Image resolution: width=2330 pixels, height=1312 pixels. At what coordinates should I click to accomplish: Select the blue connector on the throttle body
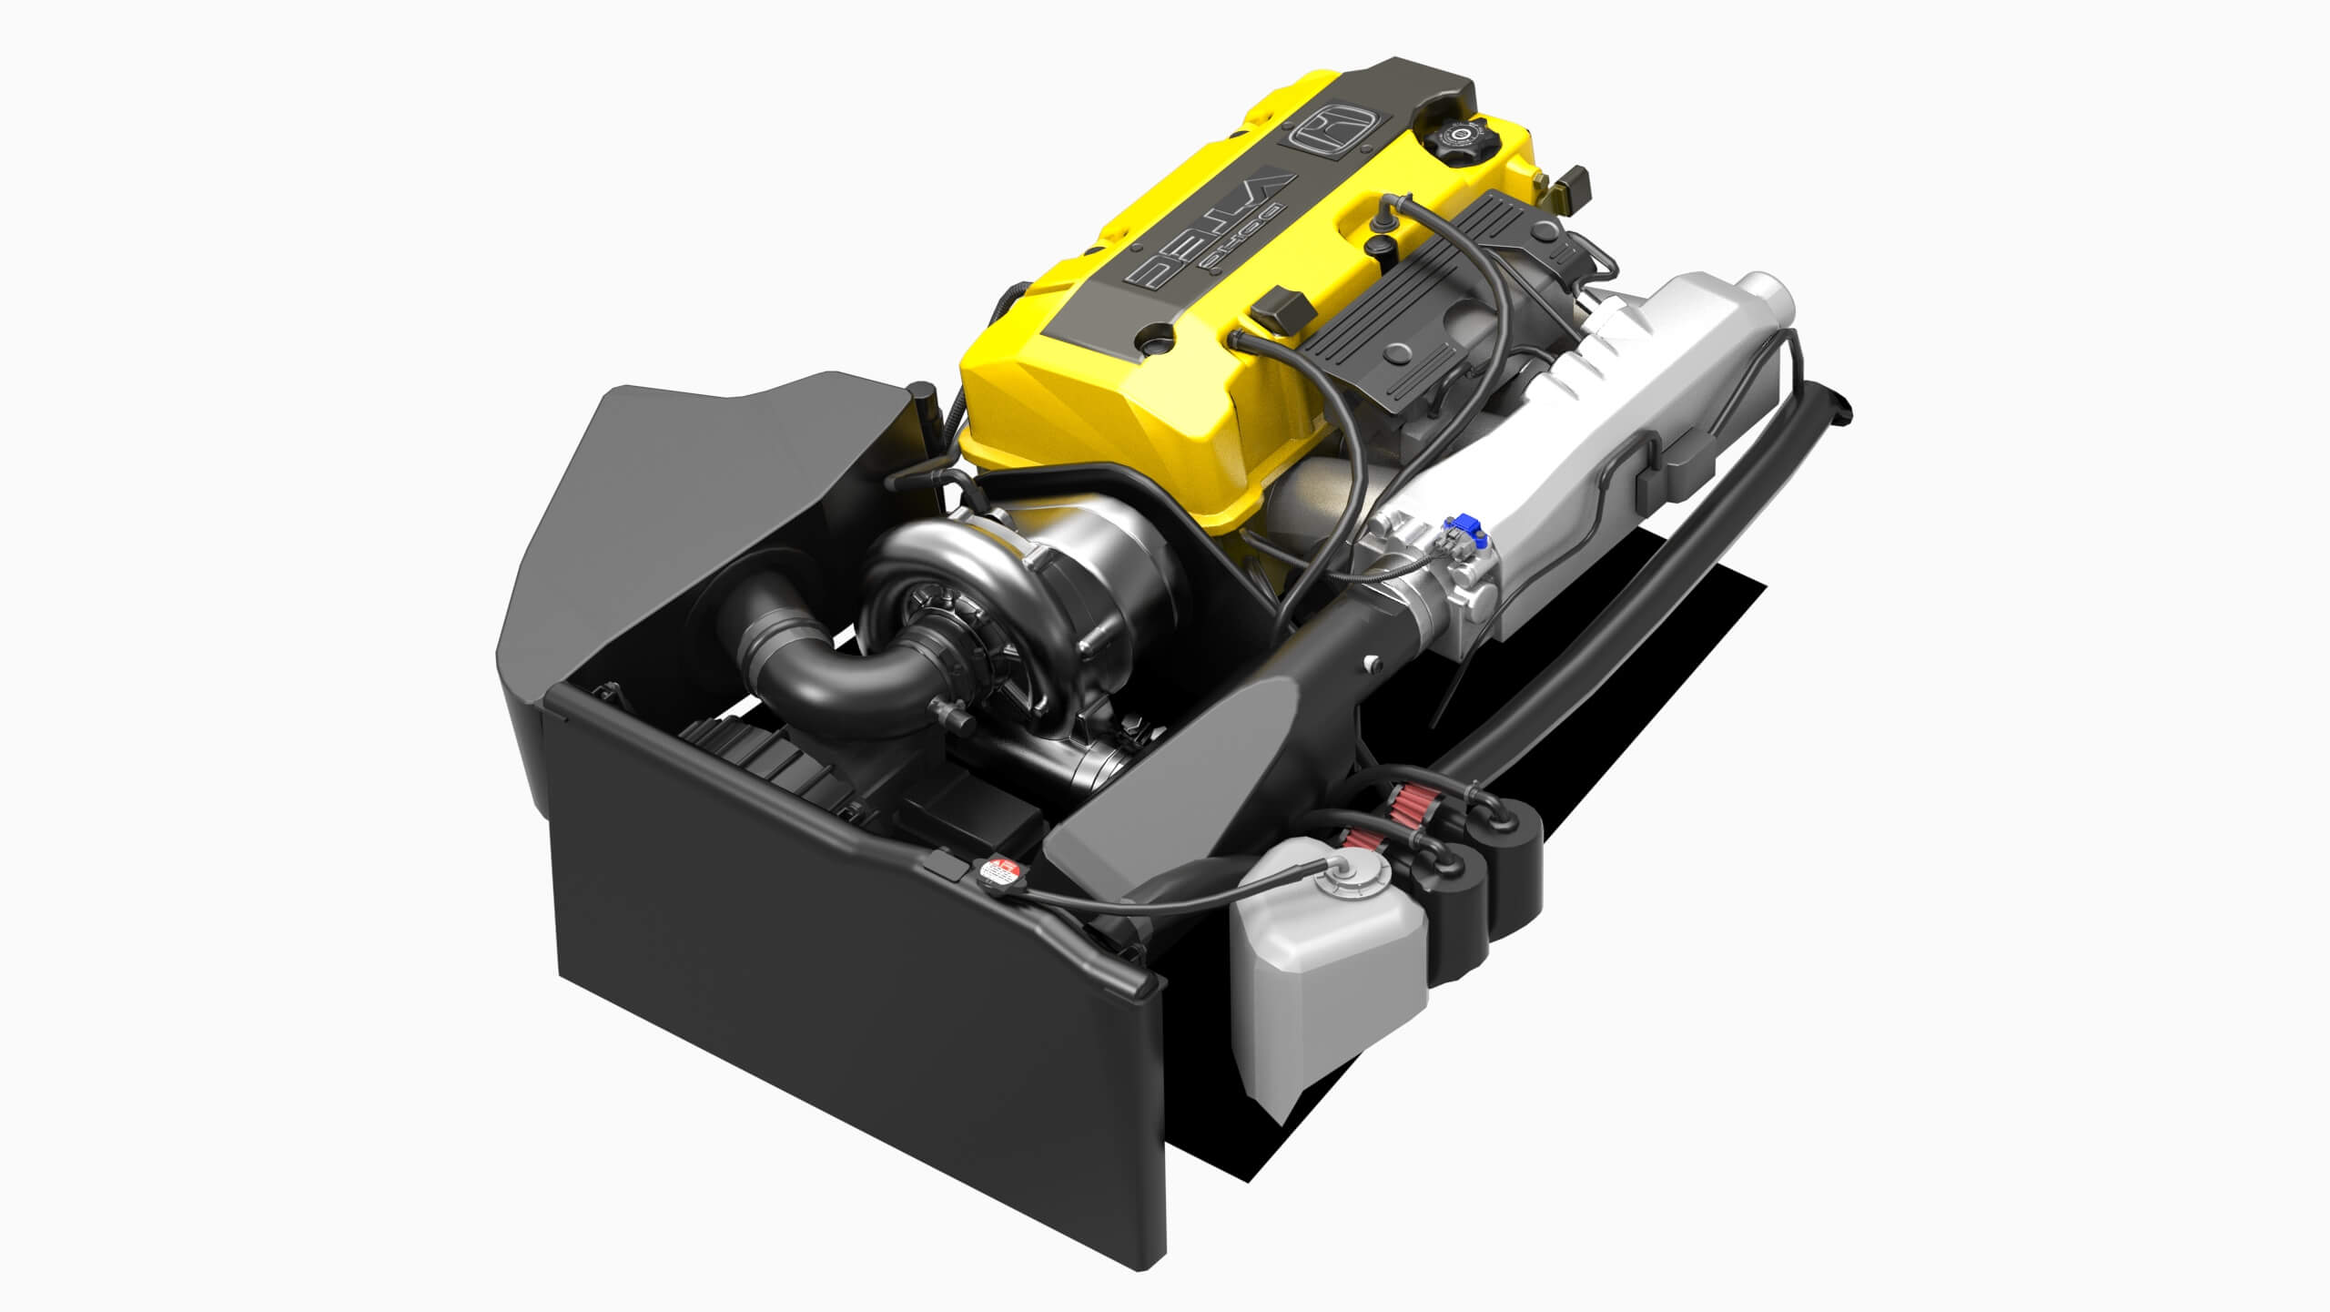click(1465, 526)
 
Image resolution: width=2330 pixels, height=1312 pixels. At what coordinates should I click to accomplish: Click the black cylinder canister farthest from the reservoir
click(1512, 847)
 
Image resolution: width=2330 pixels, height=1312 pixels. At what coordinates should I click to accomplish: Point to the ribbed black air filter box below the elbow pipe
click(774, 774)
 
